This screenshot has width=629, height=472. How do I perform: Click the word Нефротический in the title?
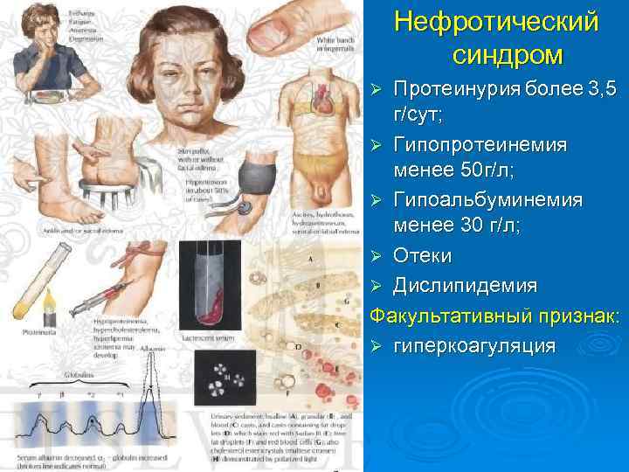coord(496,21)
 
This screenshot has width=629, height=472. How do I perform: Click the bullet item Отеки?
coord(422,256)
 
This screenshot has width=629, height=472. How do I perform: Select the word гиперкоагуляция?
coord(474,345)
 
